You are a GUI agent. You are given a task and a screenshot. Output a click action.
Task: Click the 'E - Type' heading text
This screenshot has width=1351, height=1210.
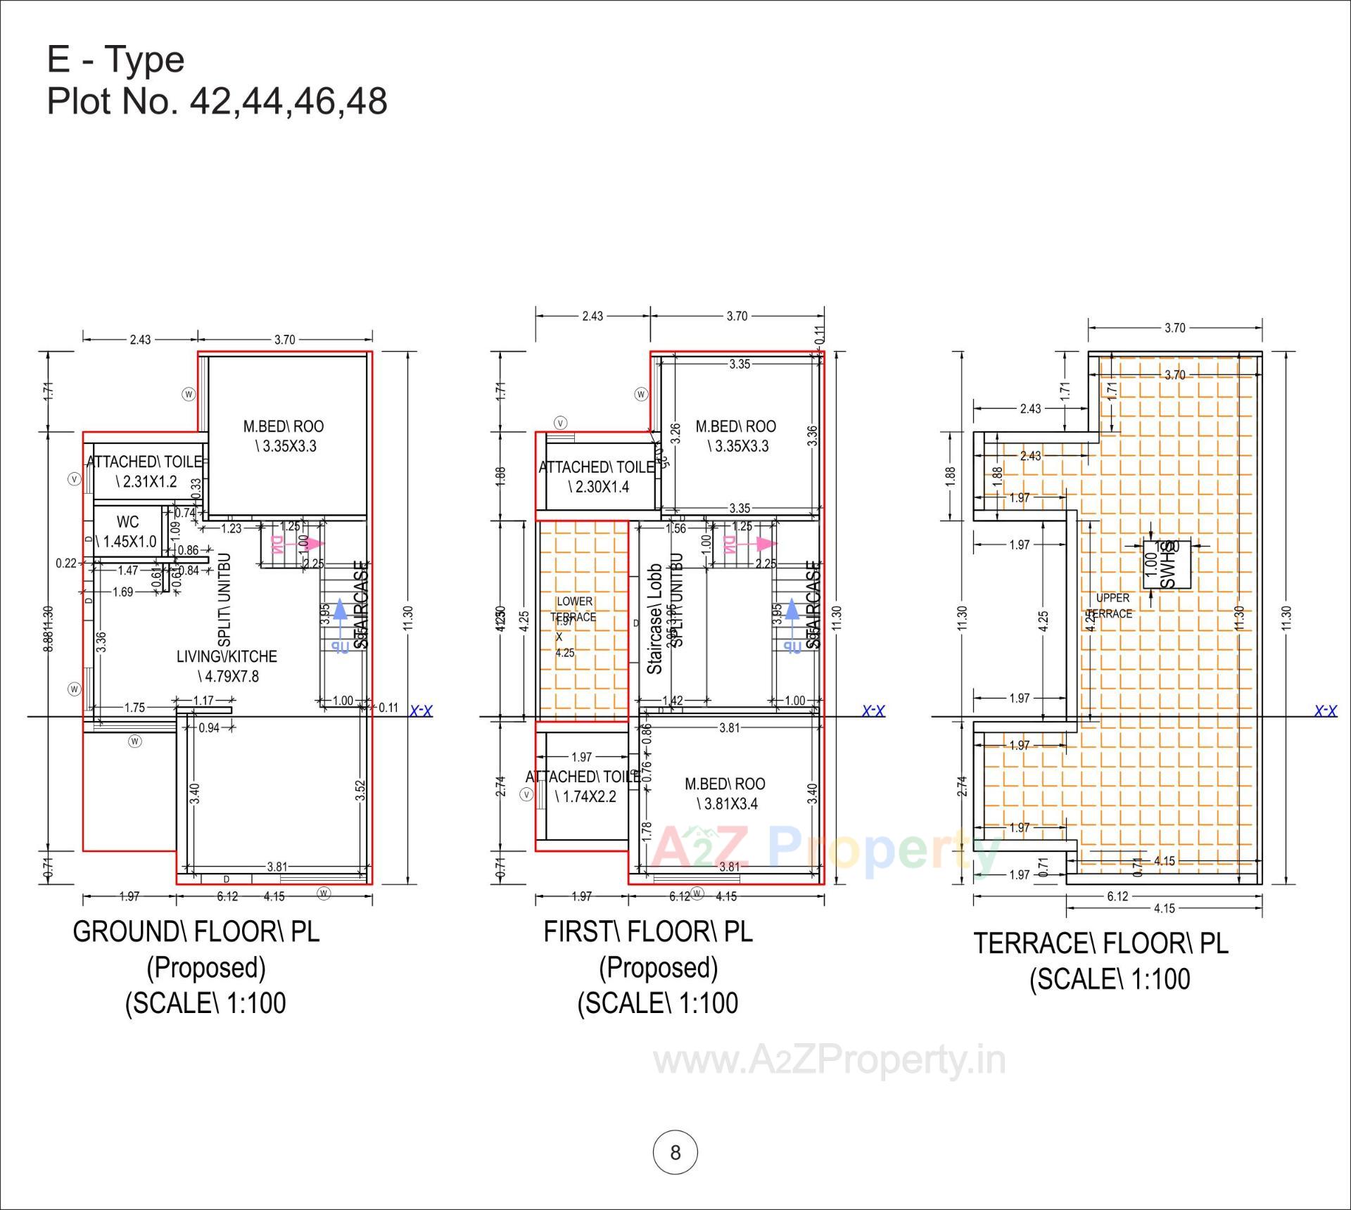click(115, 59)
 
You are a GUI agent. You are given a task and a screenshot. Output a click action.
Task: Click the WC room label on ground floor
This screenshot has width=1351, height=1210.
click(127, 522)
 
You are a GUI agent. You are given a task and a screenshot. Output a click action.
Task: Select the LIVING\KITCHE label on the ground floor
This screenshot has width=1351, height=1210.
click(227, 656)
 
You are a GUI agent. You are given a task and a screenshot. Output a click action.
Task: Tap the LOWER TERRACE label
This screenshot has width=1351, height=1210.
click(574, 609)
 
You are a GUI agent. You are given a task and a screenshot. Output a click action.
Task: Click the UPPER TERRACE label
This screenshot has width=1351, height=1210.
click(1113, 606)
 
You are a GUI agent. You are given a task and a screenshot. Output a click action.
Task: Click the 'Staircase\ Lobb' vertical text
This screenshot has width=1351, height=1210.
click(654, 619)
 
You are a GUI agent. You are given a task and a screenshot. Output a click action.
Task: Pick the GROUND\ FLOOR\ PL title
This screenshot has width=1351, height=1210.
click(196, 932)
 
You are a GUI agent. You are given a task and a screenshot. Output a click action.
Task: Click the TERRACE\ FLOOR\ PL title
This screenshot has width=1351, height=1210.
click(1101, 943)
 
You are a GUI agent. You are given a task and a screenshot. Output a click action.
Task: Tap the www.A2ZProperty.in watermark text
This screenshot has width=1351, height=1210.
click(830, 1060)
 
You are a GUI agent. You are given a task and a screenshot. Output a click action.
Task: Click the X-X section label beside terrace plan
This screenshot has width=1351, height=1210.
click(1326, 711)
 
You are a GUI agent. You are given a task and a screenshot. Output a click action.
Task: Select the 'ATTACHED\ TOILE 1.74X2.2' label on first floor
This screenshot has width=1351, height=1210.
click(583, 786)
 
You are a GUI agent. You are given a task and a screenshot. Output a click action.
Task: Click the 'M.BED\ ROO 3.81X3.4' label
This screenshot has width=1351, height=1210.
click(725, 794)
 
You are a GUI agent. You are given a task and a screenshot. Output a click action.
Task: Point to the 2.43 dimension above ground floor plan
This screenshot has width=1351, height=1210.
click(140, 339)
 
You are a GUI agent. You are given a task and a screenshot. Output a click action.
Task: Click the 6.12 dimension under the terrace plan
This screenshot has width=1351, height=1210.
click(1117, 896)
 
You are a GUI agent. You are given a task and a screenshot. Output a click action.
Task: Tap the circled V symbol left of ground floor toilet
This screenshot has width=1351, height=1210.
click(75, 479)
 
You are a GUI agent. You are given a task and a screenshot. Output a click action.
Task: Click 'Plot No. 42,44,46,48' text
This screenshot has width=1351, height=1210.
click(217, 101)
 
